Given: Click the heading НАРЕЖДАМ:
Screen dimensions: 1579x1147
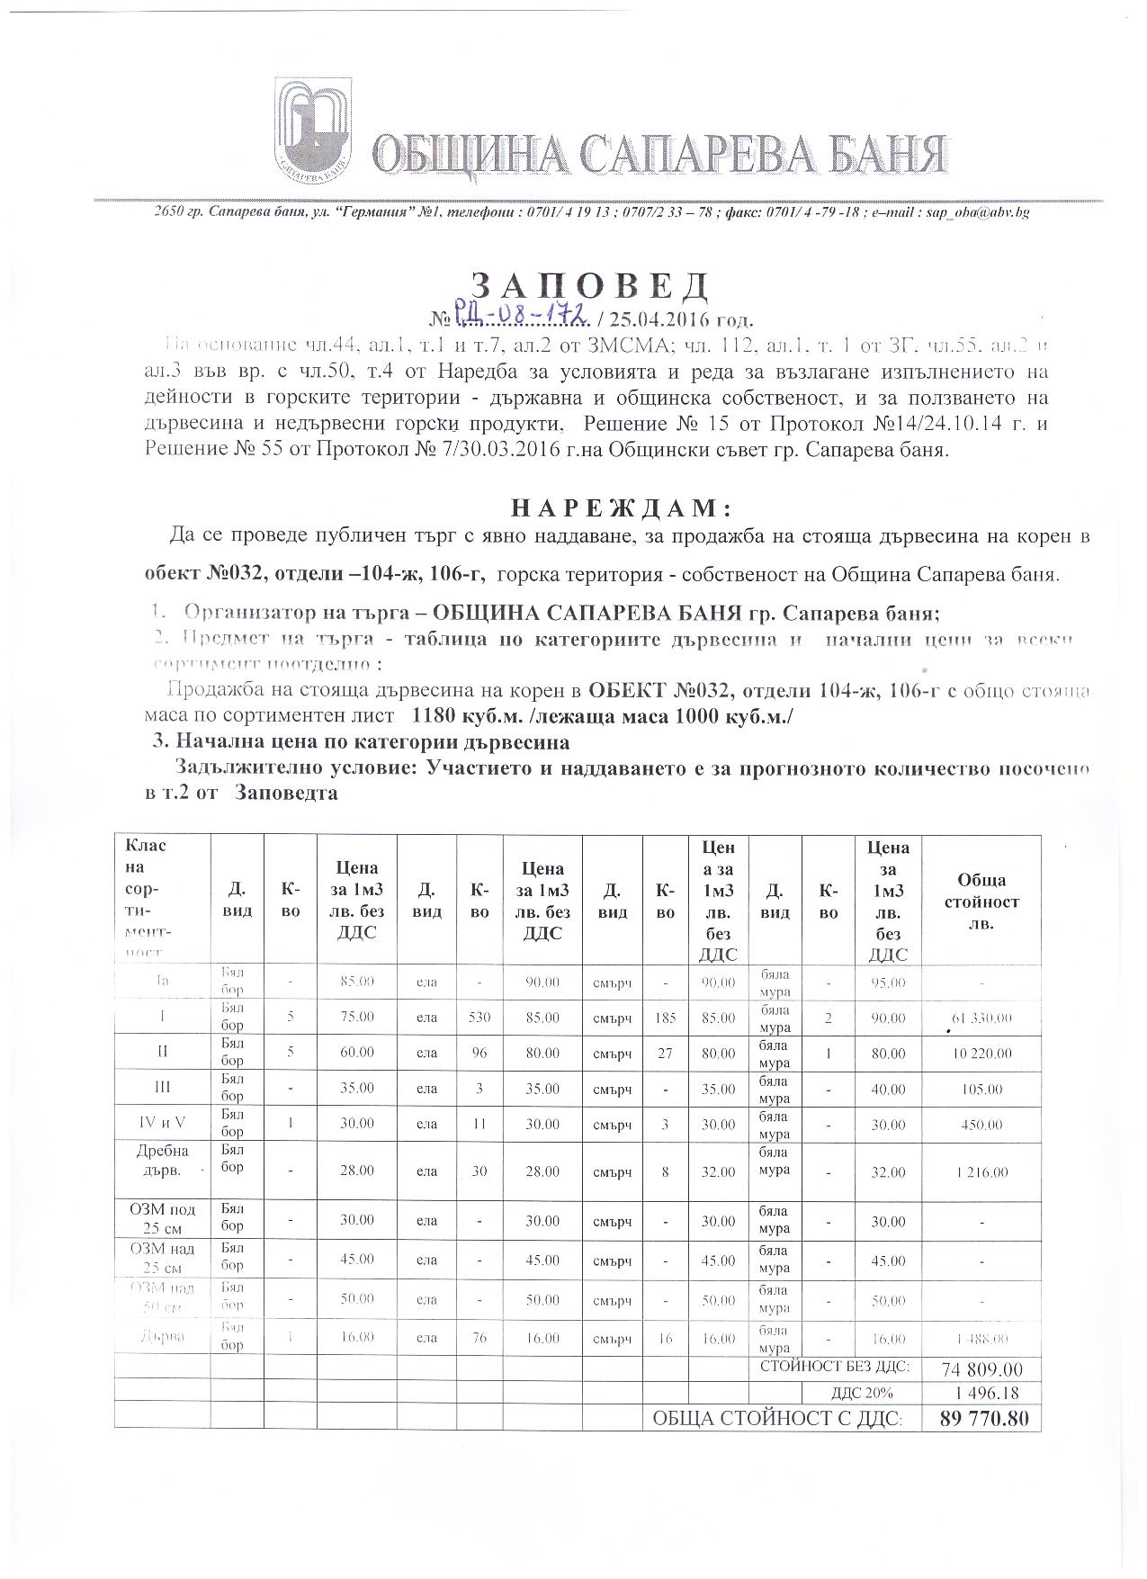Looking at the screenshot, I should tap(620, 508).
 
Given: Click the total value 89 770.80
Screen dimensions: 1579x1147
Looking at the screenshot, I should tap(981, 1419).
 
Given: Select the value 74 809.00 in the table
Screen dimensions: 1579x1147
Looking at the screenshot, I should tap(981, 1369).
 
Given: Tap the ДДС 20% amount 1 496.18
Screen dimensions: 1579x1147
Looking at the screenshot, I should tap(981, 1394).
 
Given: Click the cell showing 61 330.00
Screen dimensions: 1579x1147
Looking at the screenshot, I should tap(981, 1018).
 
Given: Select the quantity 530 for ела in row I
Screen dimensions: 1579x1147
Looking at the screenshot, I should tap(479, 1018).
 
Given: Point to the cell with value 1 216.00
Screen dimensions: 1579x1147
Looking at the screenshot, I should tap(981, 1172).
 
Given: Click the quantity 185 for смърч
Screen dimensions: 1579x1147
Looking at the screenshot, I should tap(665, 1018).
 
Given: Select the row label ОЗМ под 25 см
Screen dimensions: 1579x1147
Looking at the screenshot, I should tap(162, 1219).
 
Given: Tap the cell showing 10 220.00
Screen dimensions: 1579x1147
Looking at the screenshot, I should tap(981, 1054).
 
